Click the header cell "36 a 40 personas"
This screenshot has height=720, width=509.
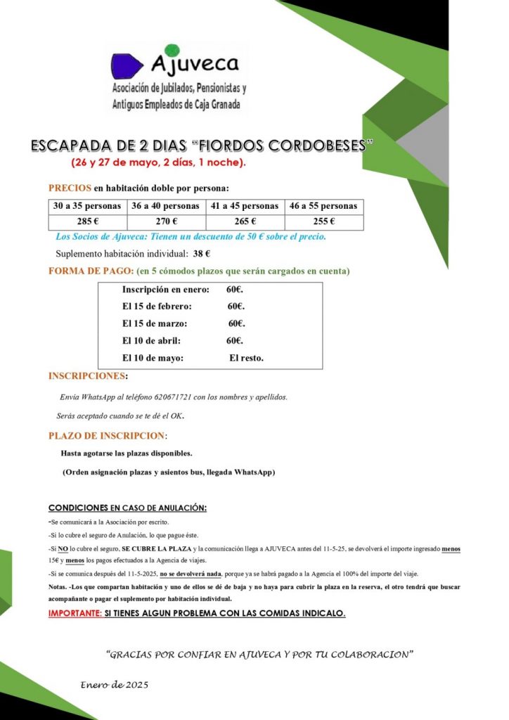click(x=165, y=206)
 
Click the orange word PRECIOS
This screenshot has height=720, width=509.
click(x=70, y=188)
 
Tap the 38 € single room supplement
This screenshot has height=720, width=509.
click(x=202, y=254)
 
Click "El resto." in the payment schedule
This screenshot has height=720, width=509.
click(x=246, y=358)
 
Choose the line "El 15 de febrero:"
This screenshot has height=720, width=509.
click(x=157, y=307)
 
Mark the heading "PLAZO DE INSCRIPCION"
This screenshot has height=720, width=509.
click(x=107, y=436)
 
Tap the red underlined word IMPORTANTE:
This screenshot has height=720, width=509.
click(x=75, y=613)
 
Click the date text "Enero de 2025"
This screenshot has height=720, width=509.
click(x=114, y=685)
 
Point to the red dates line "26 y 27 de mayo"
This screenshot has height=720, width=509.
click(x=158, y=163)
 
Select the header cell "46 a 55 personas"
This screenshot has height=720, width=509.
click(x=323, y=206)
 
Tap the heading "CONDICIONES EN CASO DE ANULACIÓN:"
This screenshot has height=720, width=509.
click(x=127, y=508)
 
